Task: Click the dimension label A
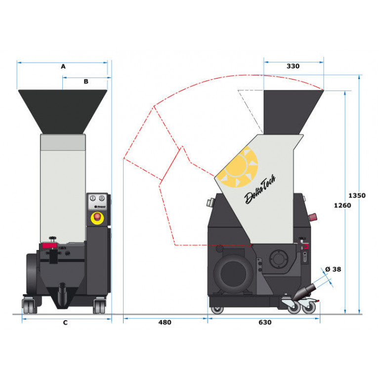(x=63, y=67)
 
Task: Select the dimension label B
(x=86, y=82)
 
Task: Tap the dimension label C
(x=65, y=323)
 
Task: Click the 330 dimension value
(x=293, y=66)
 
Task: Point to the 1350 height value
(x=357, y=195)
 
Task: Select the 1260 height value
(x=342, y=206)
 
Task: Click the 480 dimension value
(x=165, y=322)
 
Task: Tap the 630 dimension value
(x=265, y=322)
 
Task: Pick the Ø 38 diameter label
(x=333, y=269)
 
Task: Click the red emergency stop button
(x=97, y=216)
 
